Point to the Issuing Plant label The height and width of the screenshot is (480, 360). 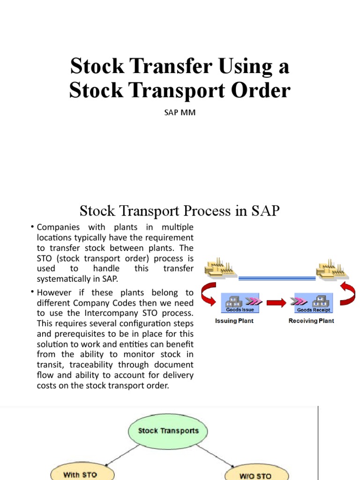[x=234, y=321]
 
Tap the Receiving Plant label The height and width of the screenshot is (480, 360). [x=311, y=321]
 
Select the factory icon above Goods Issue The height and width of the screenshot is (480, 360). [x=220, y=270]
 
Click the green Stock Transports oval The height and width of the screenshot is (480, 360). [x=168, y=431]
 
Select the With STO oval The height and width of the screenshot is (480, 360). [x=80, y=474]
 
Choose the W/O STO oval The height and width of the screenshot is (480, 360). [x=255, y=474]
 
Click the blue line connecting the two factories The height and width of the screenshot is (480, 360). [x=277, y=278]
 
